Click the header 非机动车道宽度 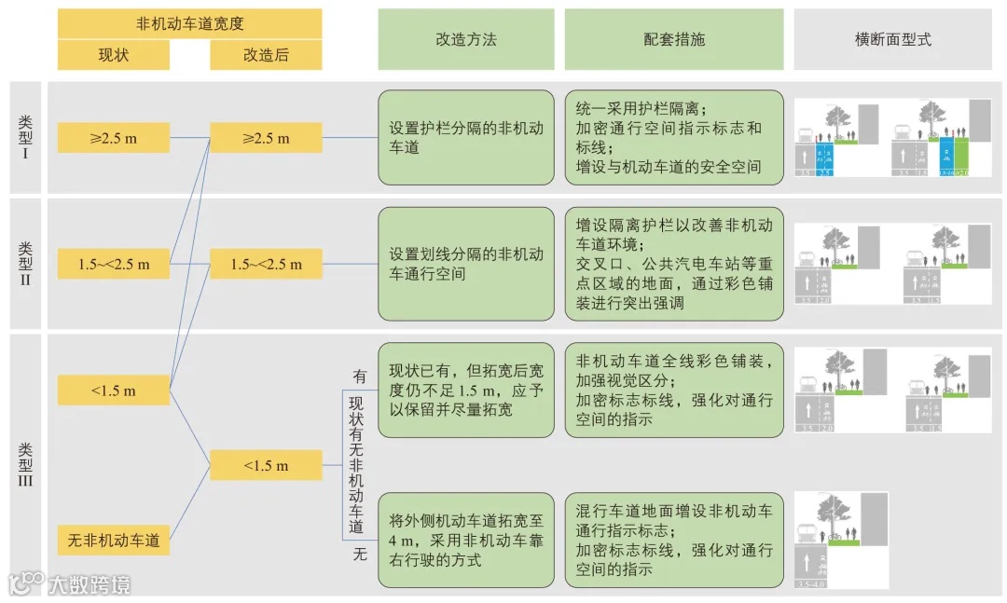pos(189,23)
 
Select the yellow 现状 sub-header pos(114,55)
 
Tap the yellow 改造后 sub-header pos(266,55)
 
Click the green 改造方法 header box pos(465,39)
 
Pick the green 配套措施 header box pos(674,39)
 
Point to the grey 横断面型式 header pos(892,39)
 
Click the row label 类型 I pos(25,137)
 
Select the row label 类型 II pos(25,263)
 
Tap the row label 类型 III pos(25,464)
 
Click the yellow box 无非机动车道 pos(114,541)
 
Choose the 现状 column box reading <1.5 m pos(114,391)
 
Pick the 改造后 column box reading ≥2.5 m pos(266,138)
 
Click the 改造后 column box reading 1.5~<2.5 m pos(266,264)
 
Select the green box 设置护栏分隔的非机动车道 pos(465,138)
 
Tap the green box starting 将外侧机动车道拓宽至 pos(465,541)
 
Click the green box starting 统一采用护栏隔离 pos(674,138)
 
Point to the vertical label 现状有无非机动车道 pos(355,464)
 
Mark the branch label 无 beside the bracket pos(359,555)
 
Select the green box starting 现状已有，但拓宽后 pos(465,390)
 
